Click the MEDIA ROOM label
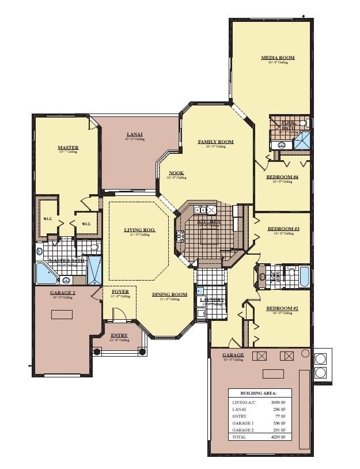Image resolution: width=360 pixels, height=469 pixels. point(278,58)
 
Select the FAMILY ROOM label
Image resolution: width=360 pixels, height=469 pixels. point(215,142)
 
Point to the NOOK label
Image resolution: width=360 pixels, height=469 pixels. point(176,173)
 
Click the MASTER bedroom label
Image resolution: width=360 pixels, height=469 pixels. point(68,147)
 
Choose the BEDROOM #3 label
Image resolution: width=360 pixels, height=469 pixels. point(283,229)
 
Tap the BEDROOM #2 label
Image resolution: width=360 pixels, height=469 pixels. point(282,309)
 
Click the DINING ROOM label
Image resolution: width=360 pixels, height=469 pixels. point(169,294)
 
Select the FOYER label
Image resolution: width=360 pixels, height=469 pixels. point(120,292)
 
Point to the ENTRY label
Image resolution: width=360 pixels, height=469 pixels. point(119,335)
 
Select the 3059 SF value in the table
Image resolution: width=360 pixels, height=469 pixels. point(278,402)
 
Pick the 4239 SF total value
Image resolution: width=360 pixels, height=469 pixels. point(278,437)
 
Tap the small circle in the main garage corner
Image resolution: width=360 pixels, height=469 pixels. point(305,353)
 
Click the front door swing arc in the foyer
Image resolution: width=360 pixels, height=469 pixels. point(119,313)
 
